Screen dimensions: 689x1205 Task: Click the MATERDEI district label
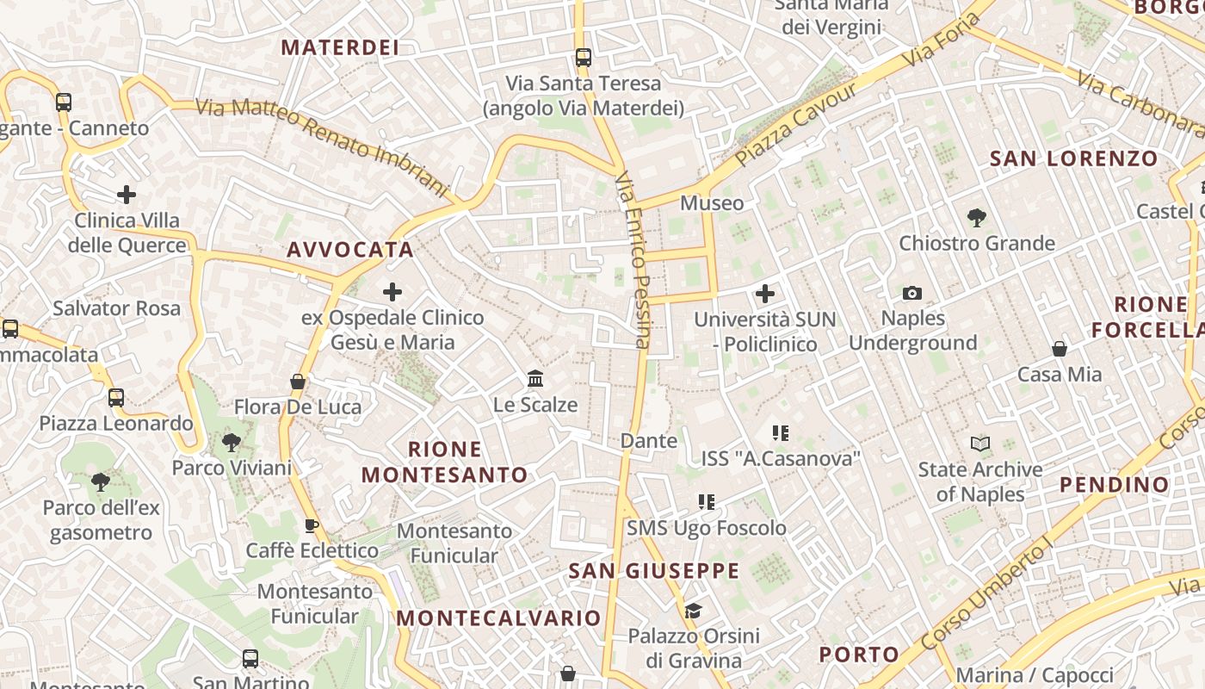coord(340,47)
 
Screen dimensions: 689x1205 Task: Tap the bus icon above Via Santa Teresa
coord(584,58)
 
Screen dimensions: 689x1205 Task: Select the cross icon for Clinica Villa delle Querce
coord(127,195)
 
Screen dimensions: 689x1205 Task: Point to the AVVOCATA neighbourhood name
coord(350,250)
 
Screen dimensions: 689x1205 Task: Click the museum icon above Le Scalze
coord(535,378)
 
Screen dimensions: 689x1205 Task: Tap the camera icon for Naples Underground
coord(912,294)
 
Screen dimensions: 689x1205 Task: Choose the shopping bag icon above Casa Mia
coord(1060,349)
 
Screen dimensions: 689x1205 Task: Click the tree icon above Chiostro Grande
coord(976,217)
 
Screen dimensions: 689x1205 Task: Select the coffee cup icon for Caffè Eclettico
coord(312,525)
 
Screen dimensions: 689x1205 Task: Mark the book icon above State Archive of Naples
coord(979,444)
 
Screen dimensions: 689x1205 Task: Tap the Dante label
coord(649,441)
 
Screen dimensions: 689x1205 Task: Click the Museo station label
coord(712,203)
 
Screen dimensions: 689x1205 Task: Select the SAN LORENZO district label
coord(1073,158)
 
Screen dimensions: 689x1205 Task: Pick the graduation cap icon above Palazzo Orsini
coord(693,611)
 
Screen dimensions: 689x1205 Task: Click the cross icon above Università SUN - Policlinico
coord(764,295)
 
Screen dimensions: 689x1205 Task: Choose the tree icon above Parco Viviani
coord(231,443)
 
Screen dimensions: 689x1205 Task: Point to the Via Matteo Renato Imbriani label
coord(323,145)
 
